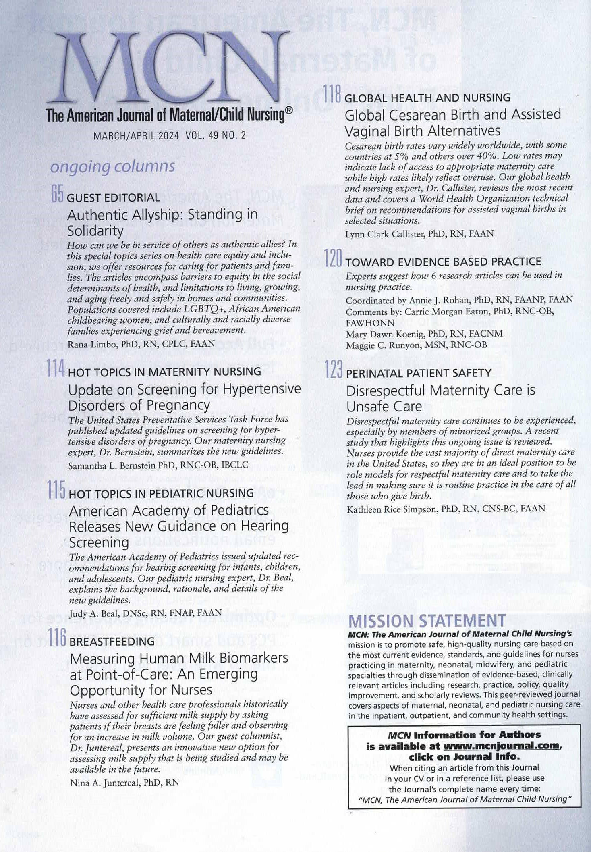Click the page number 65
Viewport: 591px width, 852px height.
[58, 194]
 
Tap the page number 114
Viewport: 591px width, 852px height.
[56, 368]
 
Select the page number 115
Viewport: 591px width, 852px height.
[56, 490]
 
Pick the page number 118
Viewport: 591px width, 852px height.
[333, 94]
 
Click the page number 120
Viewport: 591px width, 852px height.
[334, 259]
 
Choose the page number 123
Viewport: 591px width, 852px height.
[334, 370]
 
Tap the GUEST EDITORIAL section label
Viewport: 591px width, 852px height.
[113, 198]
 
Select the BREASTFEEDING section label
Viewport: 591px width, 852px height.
[112, 642]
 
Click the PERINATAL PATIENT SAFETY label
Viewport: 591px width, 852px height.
[419, 373]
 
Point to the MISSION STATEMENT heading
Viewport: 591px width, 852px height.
[427, 621]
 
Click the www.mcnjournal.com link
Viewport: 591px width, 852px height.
[502, 746]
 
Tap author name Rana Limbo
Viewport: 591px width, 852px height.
[92, 344]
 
